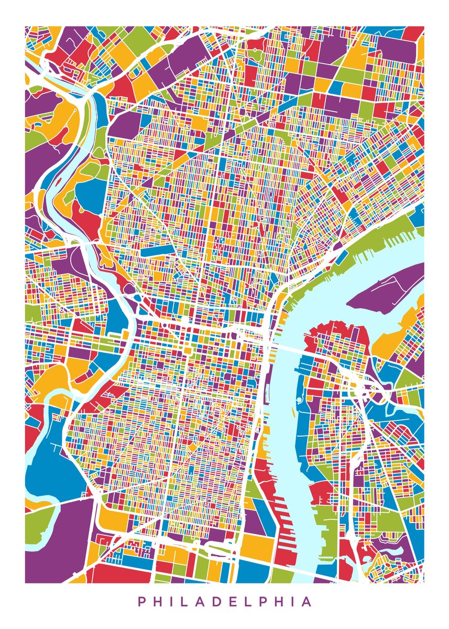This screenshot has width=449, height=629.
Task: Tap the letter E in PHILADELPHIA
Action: (245, 601)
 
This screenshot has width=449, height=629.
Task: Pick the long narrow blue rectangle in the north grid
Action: (157, 251)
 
